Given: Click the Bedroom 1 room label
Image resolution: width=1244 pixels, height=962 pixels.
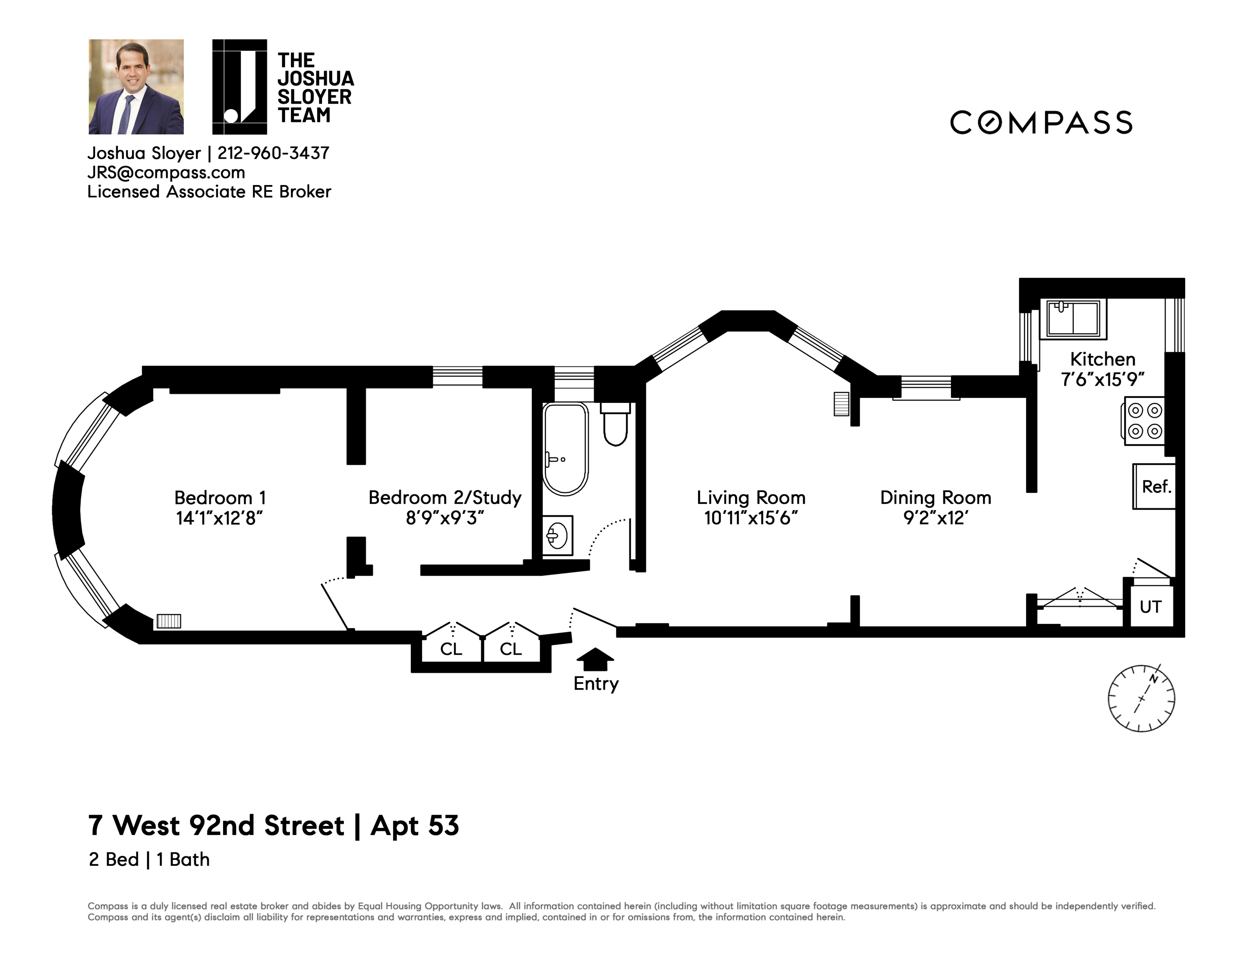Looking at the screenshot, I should pyautogui.click(x=220, y=498).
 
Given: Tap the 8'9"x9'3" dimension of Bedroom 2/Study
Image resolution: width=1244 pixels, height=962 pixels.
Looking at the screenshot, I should pyautogui.click(x=445, y=518).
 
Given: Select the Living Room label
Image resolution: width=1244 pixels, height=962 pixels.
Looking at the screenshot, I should pyautogui.click(x=751, y=498).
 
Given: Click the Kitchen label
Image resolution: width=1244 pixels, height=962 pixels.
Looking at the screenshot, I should pyautogui.click(x=1103, y=359).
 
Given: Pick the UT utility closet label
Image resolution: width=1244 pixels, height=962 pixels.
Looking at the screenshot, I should pyautogui.click(x=1150, y=607).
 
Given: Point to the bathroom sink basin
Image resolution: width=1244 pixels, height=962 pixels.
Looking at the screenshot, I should pyautogui.click(x=556, y=535).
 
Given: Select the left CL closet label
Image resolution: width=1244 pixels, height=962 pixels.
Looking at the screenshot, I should pyautogui.click(x=451, y=649).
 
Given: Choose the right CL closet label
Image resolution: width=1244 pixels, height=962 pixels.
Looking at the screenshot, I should pyautogui.click(x=511, y=649).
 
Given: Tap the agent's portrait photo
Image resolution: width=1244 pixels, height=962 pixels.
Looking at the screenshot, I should pyautogui.click(x=136, y=86).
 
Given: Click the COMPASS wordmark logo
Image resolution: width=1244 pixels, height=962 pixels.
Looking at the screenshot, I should pyautogui.click(x=1041, y=122).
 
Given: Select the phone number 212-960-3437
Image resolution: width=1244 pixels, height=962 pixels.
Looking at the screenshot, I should pyautogui.click(x=273, y=153).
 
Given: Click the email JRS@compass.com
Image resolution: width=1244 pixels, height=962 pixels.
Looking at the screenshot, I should pyautogui.click(x=166, y=172).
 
